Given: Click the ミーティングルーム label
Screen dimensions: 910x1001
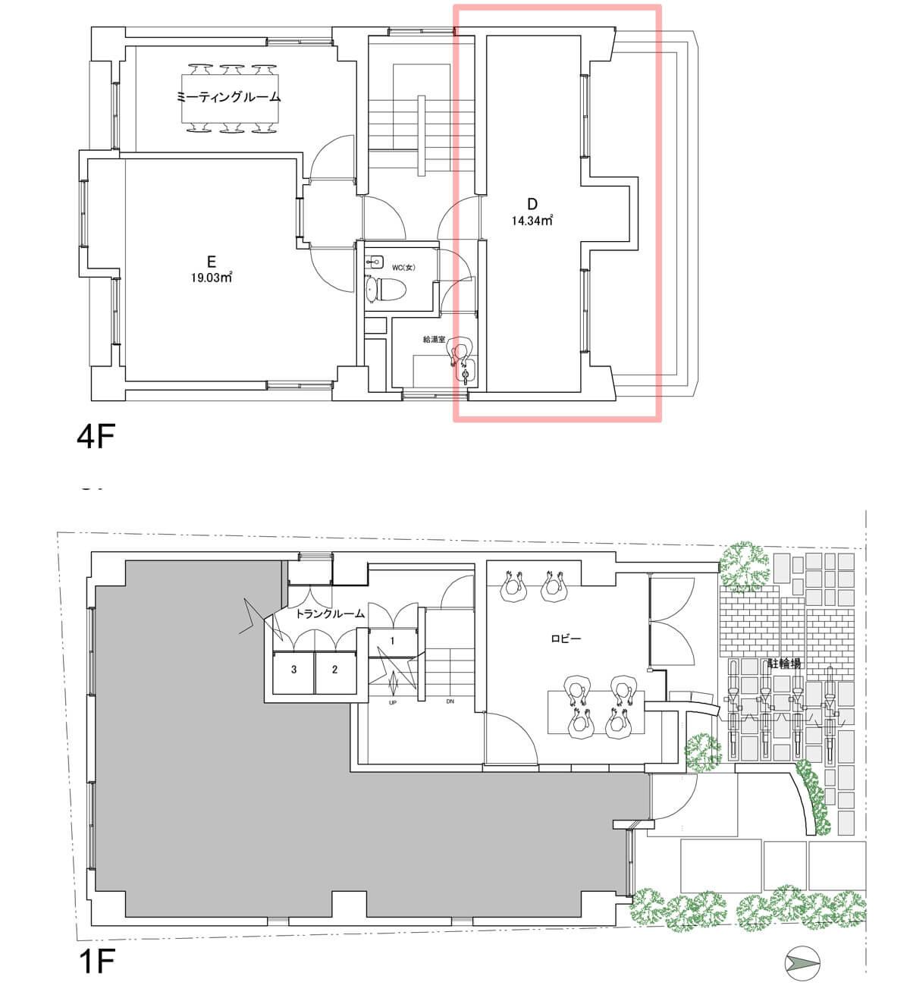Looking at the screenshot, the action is [x=228, y=97].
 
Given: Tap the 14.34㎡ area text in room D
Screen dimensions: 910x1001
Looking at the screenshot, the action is [x=532, y=220].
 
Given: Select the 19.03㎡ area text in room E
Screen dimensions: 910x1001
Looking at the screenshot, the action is [x=211, y=278].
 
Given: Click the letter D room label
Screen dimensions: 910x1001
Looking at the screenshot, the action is [x=532, y=203].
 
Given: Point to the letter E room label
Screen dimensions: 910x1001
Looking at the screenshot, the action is [x=211, y=262].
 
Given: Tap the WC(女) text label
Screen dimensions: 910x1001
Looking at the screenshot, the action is [x=403, y=268].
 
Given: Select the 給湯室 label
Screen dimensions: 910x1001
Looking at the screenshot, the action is [x=433, y=339].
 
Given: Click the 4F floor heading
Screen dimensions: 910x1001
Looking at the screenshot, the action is [x=96, y=435].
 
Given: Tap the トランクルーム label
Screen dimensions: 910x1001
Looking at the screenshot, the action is [x=330, y=613].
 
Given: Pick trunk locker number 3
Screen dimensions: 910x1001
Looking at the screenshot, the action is [x=294, y=670].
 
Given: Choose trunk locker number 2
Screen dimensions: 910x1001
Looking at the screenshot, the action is [x=335, y=670].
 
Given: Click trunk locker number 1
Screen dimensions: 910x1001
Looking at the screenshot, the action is [x=392, y=641].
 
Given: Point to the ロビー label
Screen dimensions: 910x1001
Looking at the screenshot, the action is [x=566, y=639].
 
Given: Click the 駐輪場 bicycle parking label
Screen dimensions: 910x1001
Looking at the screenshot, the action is [x=784, y=664].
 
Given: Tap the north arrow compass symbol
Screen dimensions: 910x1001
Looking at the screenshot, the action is [x=802, y=962].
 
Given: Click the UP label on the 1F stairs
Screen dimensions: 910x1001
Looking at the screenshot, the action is [x=392, y=703].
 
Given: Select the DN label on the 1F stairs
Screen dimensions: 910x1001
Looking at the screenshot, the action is [x=450, y=701].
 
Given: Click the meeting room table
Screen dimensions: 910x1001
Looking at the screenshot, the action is [x=230, y=99].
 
